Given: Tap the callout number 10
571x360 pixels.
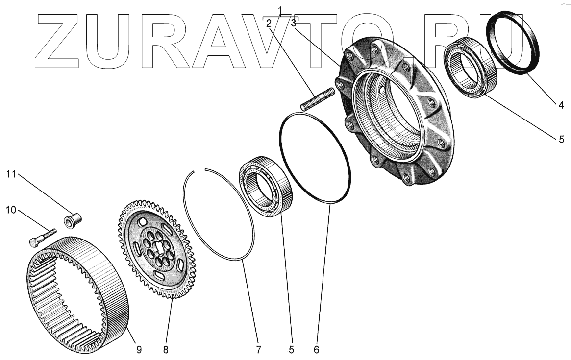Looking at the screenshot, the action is click(x=11, y=210).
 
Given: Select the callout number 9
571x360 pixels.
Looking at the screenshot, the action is click(x=139, y=349).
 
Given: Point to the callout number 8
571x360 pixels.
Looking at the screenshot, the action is click(x=166, y=349).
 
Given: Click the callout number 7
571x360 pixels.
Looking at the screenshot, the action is click(x=258, y=349).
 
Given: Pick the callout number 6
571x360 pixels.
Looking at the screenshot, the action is click(x=316, y=349).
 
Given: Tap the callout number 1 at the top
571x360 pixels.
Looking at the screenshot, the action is click(x=280, y=10).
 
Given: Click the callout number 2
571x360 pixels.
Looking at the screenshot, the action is click(x=269, y=23).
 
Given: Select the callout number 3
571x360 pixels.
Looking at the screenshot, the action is click(x=293, y=23).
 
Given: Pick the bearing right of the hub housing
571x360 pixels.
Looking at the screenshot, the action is click(x=470, y=68).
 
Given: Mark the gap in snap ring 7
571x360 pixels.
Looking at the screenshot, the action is click(x=199, y=170).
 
